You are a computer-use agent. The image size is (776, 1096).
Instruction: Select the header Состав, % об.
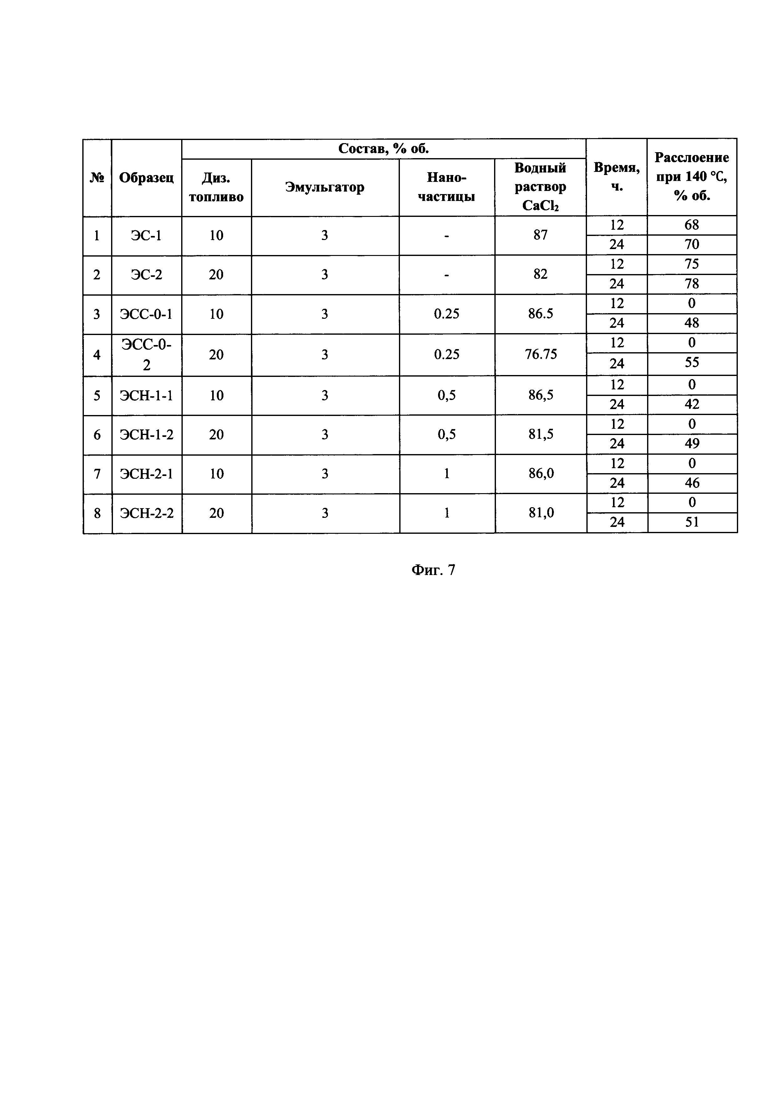tap(383, 149)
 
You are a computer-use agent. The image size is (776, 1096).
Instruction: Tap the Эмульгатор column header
tap(324, 187)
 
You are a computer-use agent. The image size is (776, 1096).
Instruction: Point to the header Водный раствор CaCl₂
tap(540, 187)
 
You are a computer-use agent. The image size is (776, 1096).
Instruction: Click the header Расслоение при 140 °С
tap(692, 177)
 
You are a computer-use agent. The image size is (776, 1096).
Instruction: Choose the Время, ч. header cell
tap(616, 177)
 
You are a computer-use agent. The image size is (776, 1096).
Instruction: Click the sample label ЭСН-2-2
tap(147, 513)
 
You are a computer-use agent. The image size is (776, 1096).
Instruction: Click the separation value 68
tap(692, 225)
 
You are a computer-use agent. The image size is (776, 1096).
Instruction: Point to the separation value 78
tap(692, 284)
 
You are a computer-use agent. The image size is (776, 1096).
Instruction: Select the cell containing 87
tap(540, 235)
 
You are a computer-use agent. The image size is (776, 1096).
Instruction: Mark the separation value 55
tap(692, 363)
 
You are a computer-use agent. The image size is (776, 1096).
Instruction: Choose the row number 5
tap(97, 396)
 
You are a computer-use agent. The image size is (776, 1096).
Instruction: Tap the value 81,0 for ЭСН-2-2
tap(541, 513)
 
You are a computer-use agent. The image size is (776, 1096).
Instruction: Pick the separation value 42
tap(692, 405)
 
